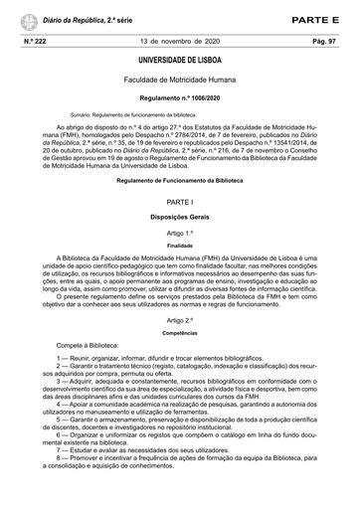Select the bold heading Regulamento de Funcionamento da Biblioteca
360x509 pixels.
tap(179, 181)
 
